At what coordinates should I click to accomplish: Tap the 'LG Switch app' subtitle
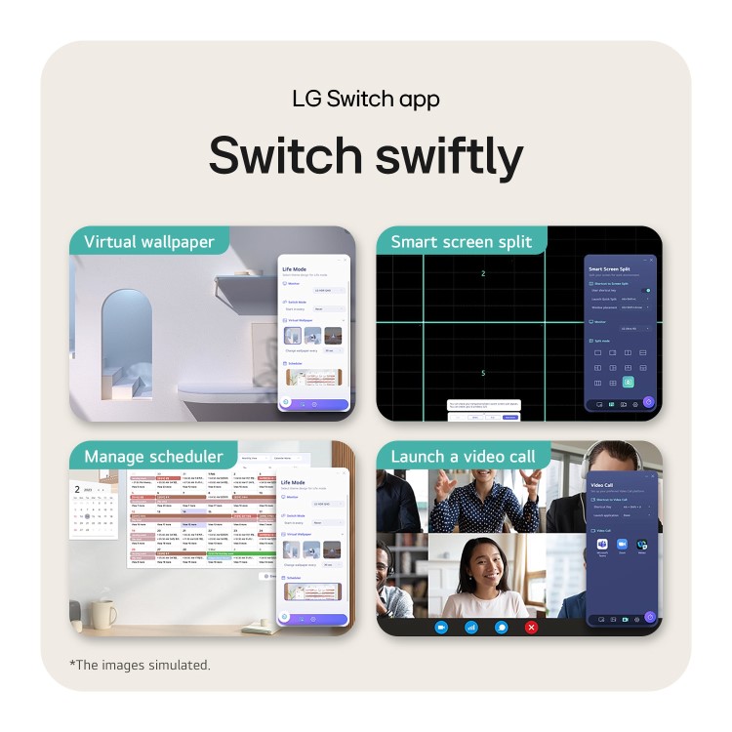366,99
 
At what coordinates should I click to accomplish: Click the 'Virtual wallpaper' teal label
148,241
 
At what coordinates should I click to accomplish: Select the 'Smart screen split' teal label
461,241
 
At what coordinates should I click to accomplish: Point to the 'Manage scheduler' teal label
153,456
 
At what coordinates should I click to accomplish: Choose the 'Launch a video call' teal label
463,456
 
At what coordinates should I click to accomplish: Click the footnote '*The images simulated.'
140,665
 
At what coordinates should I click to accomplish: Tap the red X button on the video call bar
531,628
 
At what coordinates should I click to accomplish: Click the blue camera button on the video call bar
441,628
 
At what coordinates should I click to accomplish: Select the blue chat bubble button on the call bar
501,628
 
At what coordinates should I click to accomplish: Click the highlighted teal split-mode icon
628,383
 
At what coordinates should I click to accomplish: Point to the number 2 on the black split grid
483,273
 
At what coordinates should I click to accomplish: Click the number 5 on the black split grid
483,373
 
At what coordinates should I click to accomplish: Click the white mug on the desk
102,614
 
